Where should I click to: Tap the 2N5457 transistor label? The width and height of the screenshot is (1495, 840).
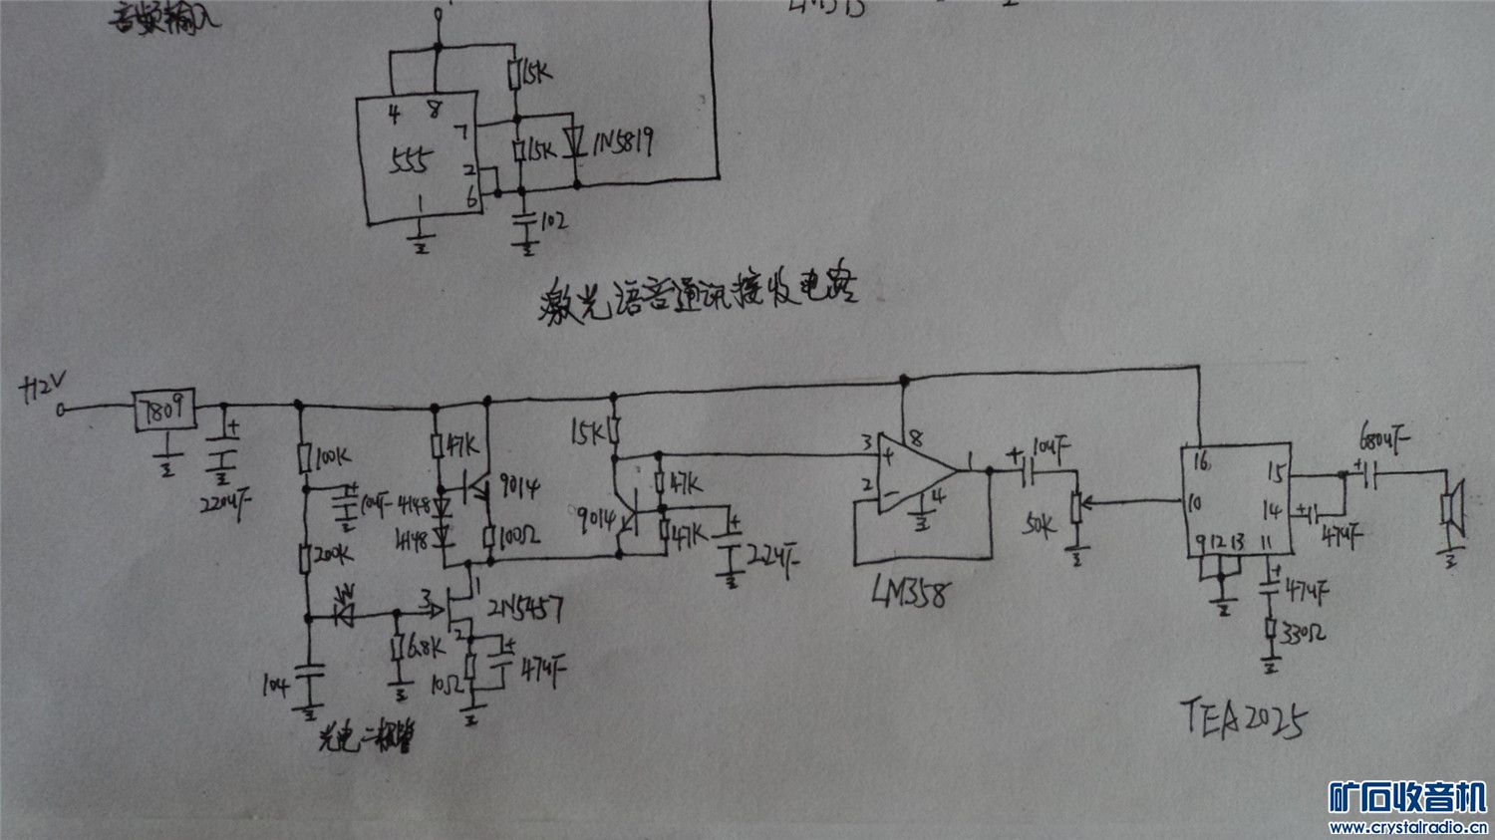pos(524,607)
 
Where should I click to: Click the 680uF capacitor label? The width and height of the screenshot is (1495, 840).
pos(1385,439)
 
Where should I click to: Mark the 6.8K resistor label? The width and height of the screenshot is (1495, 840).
pos(424,650)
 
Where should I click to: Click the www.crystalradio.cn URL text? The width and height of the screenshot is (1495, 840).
pos(1408,826)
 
